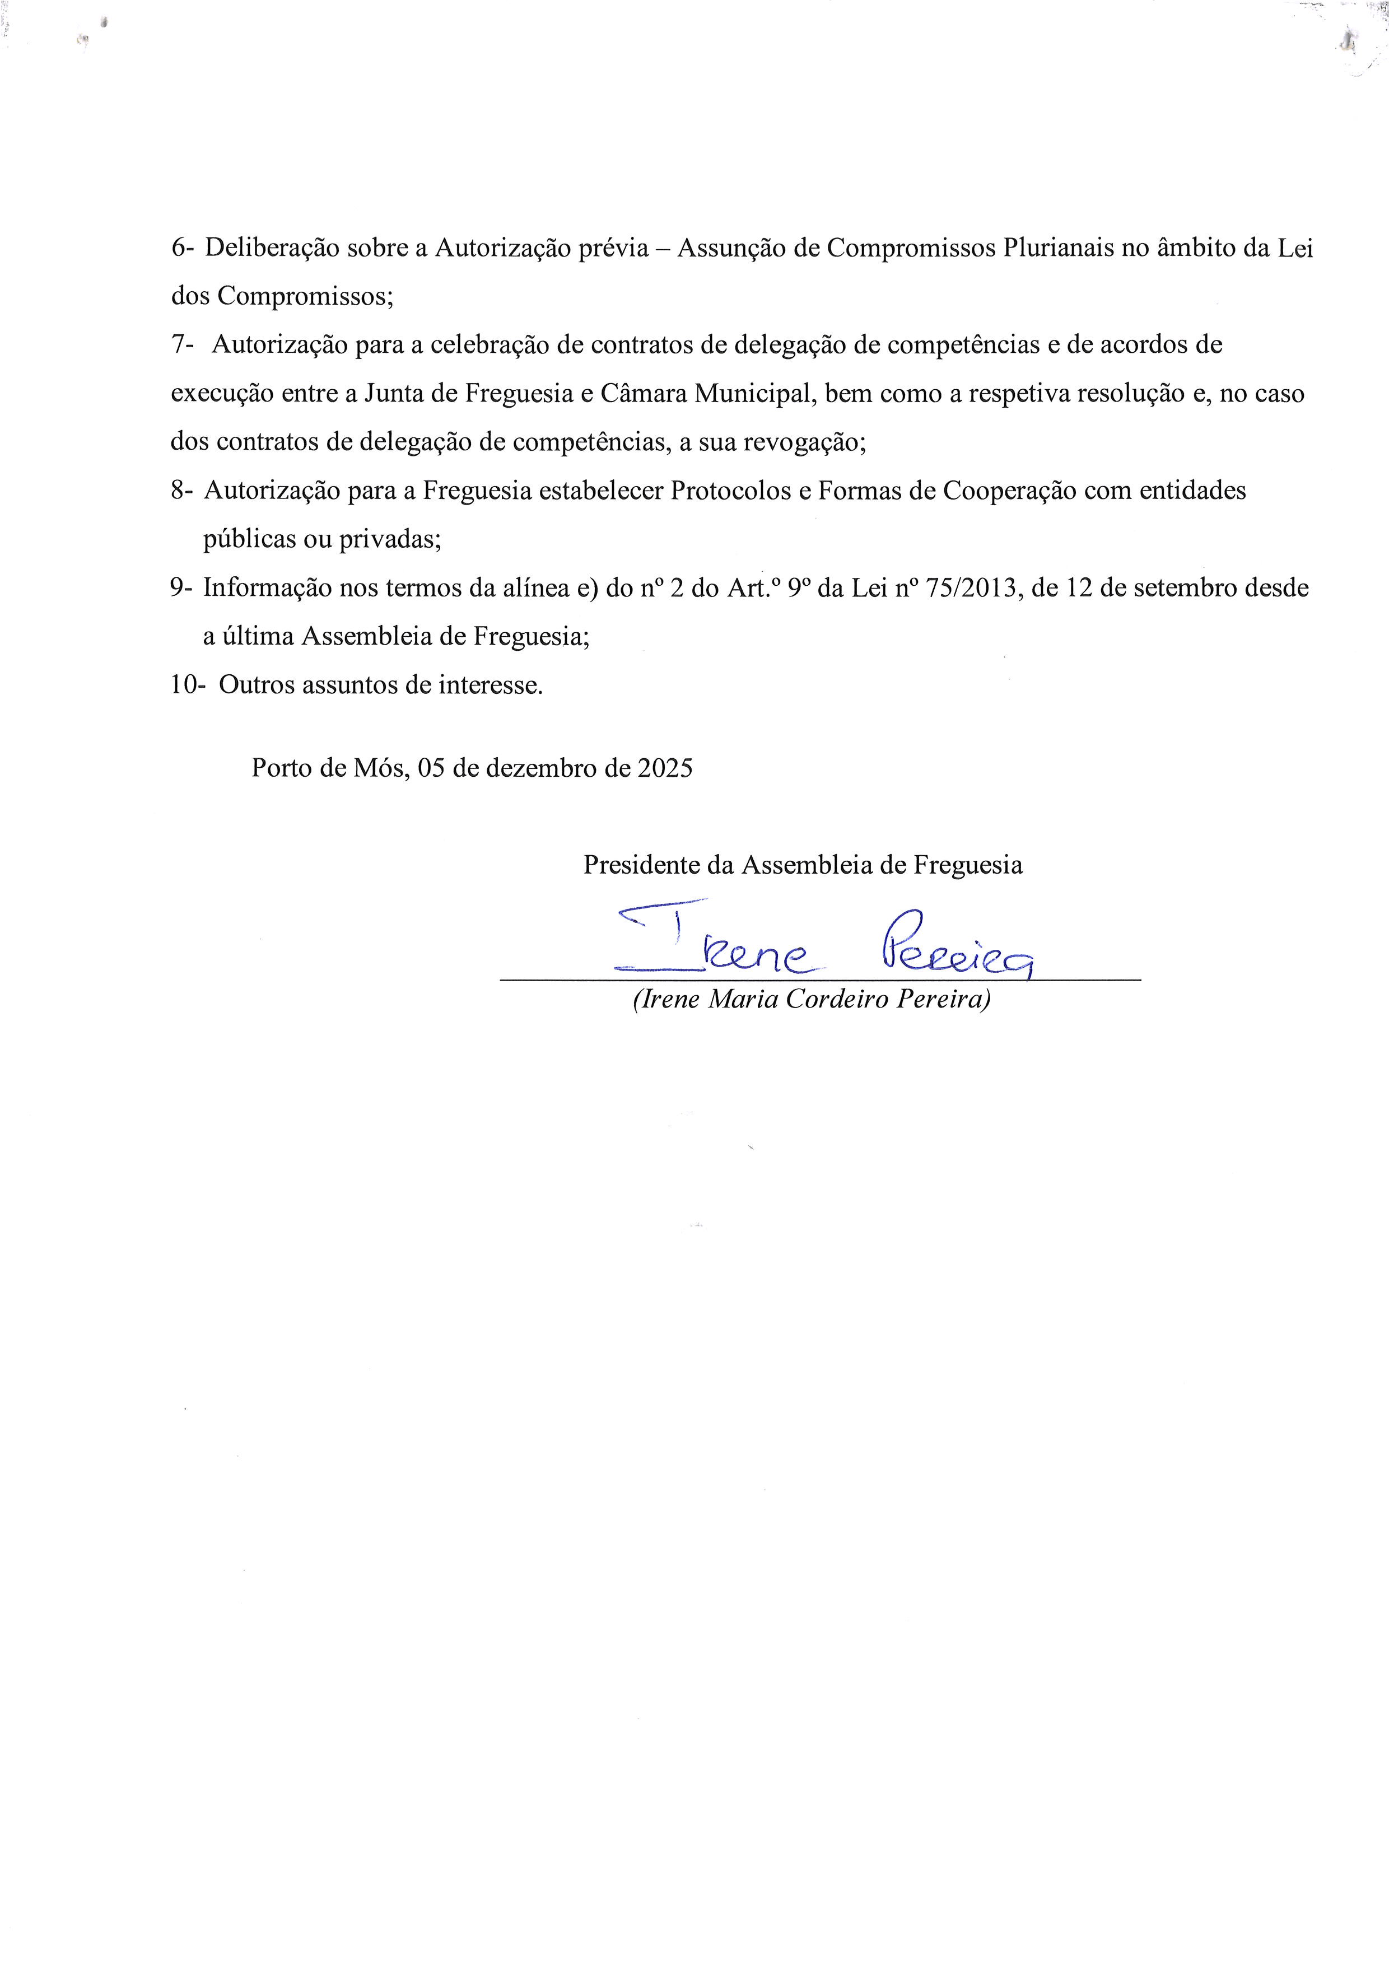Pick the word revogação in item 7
point(808,442)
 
